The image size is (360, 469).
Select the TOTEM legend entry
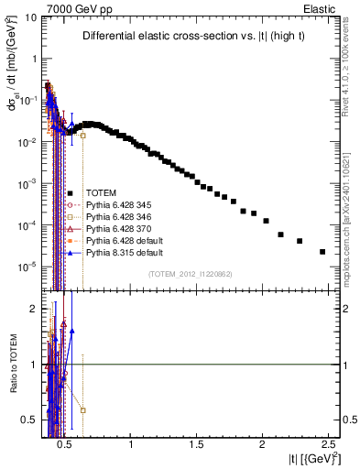tap(101, 192)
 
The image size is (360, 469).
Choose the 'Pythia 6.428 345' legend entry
tap(119, 204)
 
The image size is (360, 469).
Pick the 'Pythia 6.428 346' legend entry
tap(119, 216)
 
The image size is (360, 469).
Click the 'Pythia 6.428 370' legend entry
tap(119, 228)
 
